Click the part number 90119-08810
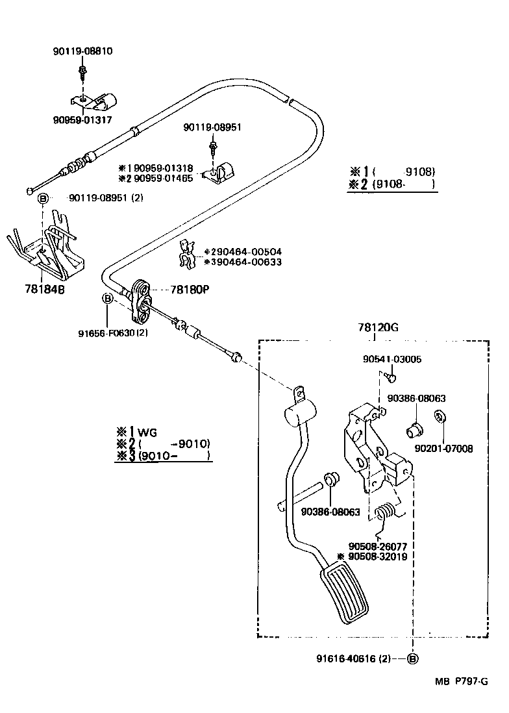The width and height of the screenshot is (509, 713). [82, 51]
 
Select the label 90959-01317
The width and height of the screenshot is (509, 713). [82, 119]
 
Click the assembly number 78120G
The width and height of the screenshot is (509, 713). [377, 328]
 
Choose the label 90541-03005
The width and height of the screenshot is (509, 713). [392, 359]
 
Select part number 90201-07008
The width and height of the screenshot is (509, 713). [444, 448]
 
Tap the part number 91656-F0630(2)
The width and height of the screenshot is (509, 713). [114, 334]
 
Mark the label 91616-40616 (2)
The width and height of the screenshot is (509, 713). [354, 658]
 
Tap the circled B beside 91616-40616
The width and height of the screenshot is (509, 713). [413, 658]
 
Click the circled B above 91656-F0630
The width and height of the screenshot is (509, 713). [107, 298]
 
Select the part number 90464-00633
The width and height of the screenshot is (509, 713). [246, 262]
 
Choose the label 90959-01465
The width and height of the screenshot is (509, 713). [160, 178]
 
